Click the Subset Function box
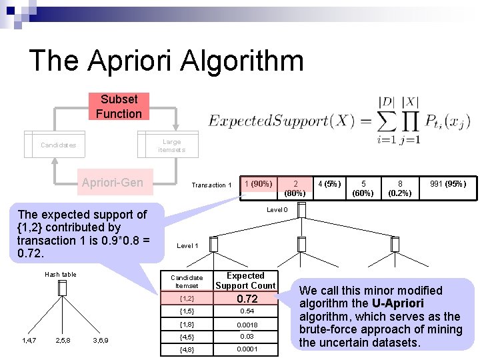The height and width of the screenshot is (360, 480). [x=118, y=107]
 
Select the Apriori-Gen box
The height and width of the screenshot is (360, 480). [x=112, y=183]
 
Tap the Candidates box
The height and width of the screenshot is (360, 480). [x=58, y=145]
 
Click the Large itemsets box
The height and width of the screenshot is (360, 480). [x=171, y=145]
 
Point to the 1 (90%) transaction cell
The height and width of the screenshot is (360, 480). [x=258, y=184]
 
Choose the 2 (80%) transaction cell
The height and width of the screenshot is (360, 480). [x=295, y=188]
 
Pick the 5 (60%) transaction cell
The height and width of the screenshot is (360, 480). [x=363, y=188]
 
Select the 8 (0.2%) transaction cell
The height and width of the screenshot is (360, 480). [x=400, y=188]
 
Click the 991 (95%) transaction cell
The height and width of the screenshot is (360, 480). [x=447, y=184]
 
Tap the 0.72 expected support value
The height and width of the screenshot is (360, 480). [x=247, y=299]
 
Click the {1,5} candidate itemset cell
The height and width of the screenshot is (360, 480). [x=187, y=311]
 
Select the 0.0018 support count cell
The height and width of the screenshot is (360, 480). [x=247, y=325]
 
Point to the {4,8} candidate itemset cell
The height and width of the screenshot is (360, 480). [x=187, y=349]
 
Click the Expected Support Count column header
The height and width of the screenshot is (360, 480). [x=245, y=281]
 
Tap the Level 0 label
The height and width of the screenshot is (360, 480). [x=277, y=210]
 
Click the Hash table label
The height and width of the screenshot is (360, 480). [x=60, y=274]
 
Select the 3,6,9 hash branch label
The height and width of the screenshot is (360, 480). [x=101, y=340]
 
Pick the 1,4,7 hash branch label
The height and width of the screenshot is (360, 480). [x=28, y=340]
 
